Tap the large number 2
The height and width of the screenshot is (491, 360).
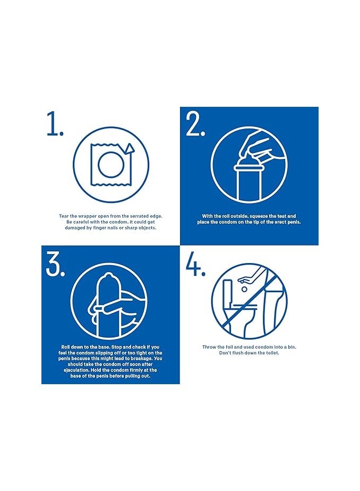tap(195, 125)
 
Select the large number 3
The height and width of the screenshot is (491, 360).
tap(55, 264)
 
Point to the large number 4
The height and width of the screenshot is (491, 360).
tap(195, 264)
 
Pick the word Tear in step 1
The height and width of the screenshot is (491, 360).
tap(63, 216)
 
